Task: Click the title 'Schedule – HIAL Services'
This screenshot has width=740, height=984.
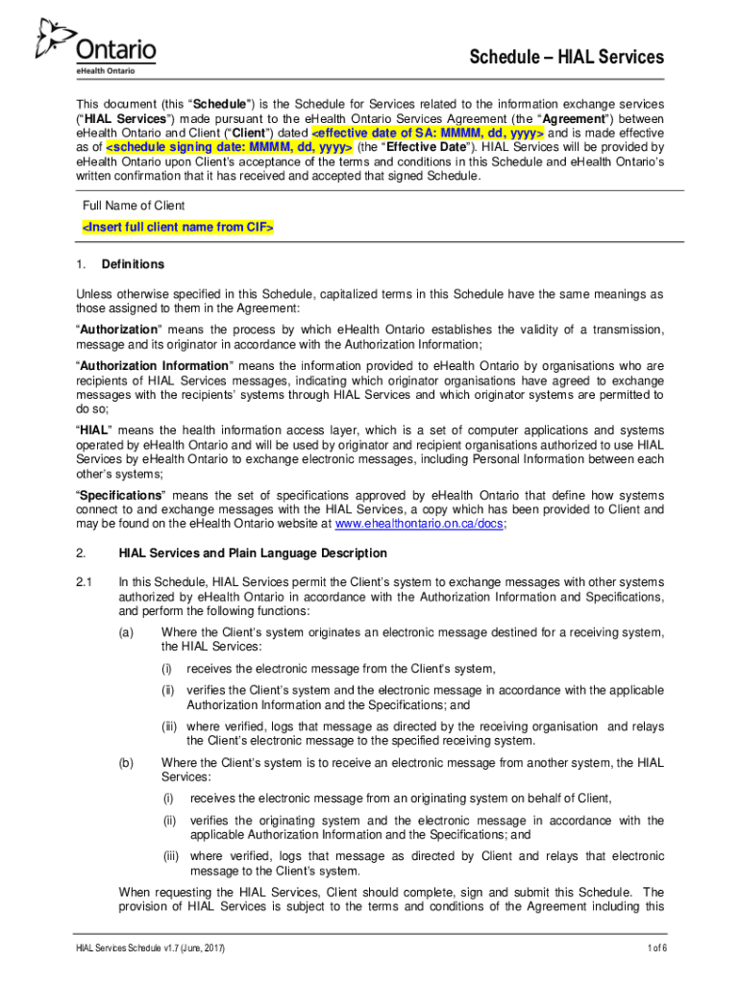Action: click(x=566, y=57)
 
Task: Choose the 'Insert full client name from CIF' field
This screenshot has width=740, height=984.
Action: click(x=177, y=227)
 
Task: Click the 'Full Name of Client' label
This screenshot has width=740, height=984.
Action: click(x=133, y=206)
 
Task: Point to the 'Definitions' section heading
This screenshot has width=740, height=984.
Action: click(x=141, y=264)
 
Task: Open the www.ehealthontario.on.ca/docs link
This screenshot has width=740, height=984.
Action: click(x=418, y=525)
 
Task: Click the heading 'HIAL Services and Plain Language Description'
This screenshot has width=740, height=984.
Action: click(x=253, y=553)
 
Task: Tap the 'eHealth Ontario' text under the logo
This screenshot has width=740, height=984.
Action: click(x=105, y=70)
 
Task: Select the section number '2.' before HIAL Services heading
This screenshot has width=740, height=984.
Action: click(x=82, y=553)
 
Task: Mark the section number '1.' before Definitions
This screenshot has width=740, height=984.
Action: click(x=82, y=264)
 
